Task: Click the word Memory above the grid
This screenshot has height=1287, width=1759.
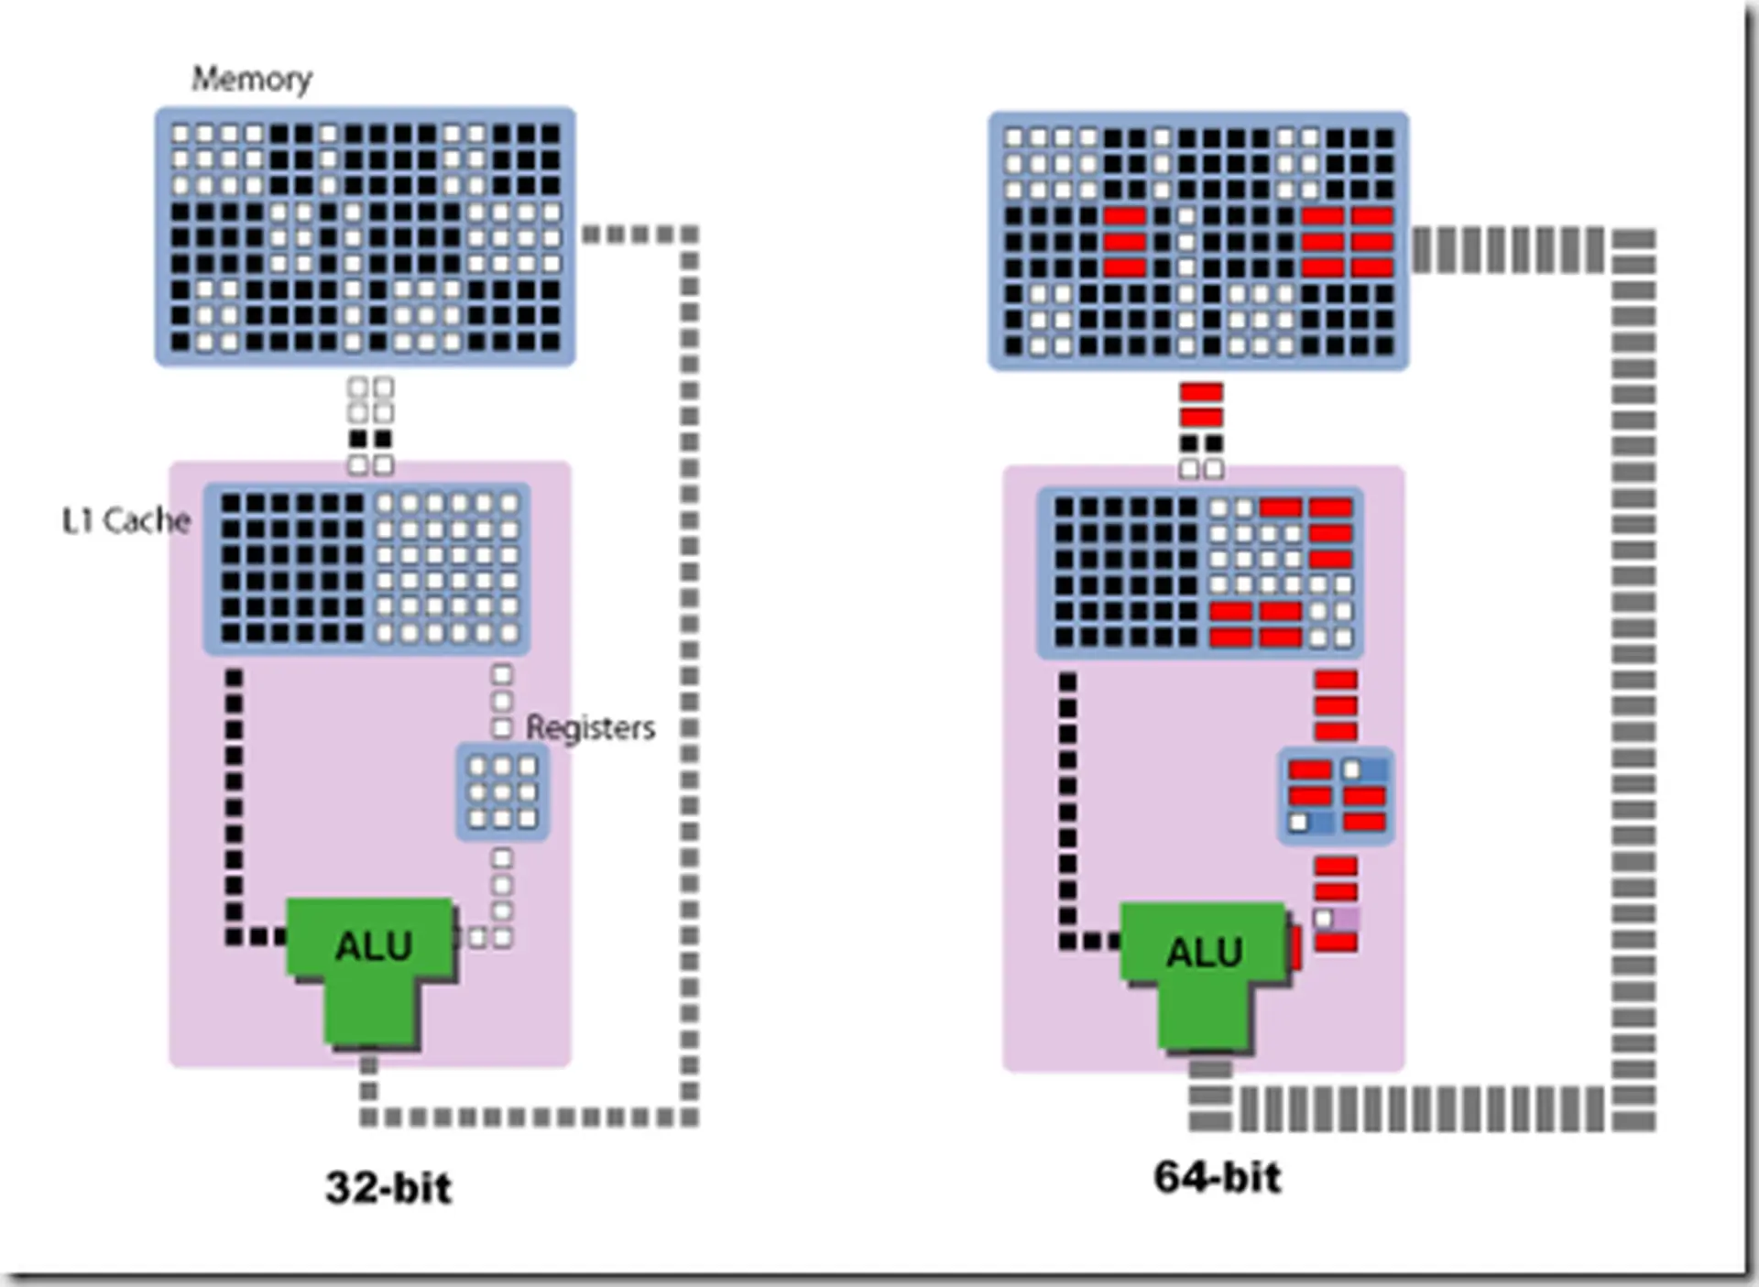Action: [x=251, y=79]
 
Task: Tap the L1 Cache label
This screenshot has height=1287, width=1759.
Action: [x=126, y=520]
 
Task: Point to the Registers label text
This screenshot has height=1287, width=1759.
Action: [x=590, y=727]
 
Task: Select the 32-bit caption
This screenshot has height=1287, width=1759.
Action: [x=388, y=1188]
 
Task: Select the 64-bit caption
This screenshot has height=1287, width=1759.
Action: [x=1217, y=1177]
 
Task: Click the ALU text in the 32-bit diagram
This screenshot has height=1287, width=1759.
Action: [x=374, y=945]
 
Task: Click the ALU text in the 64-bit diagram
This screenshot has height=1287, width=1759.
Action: [x=1204, y=953]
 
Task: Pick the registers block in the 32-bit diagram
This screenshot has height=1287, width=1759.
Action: [x=502, y=792]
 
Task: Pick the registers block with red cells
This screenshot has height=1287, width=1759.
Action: [x=1336, y=796]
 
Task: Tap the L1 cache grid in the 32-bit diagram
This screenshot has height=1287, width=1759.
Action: [x=366, y=568]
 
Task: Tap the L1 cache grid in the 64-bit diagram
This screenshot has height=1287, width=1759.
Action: [x=1199, y=573]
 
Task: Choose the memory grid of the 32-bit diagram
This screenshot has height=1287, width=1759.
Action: [x=365, y=236]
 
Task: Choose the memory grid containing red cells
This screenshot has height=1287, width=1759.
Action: [x=1198, y=241]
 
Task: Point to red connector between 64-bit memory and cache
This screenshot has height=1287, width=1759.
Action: [x=1201, y=405]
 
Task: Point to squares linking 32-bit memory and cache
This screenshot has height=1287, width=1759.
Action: [x=370, y=426]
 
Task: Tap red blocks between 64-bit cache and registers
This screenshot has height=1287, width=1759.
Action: [x=1336, y=705]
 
